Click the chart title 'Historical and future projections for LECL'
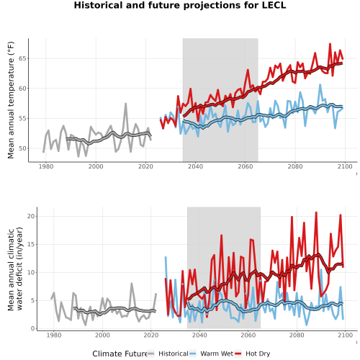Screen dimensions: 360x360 coord(180,5)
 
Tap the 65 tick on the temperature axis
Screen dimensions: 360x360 coord(22,58)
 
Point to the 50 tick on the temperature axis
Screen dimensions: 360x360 coord(22,148)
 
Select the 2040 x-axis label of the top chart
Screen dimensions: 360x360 coord(195,166)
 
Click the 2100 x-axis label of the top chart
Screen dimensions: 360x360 coord(345,166)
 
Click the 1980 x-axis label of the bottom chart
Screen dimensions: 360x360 coord(54,335)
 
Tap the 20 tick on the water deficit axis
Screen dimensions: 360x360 coord(31,216)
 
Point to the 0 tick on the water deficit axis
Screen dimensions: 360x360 coord(33,328)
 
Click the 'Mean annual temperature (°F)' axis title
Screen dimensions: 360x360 coord(11,100)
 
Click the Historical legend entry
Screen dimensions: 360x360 coord(168,354)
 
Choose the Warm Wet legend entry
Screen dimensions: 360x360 coord(212,354)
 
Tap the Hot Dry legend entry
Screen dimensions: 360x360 coord(253,354)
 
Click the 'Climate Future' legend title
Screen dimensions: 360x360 coord(120,354)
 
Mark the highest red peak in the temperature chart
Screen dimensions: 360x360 coord(330,44)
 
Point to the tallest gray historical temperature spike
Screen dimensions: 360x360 coord(125,104)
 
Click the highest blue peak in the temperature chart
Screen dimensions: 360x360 coord(320,84)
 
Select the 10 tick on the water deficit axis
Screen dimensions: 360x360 coord(31,272)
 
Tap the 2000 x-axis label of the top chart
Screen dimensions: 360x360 coord(96,166)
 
